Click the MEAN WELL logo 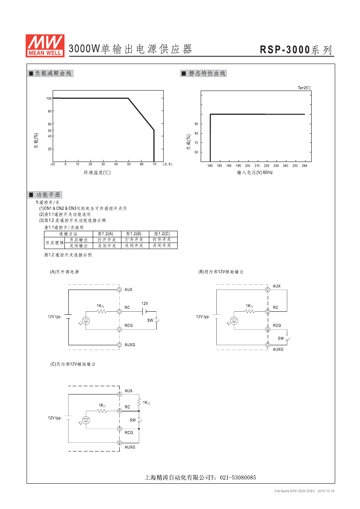tap(45, 46)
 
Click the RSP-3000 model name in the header tap(285, 50)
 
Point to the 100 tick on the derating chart tap(49, 98)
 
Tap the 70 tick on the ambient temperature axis tap(155, 164)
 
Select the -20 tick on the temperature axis tap(53, 164)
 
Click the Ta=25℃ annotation tap(304, 88)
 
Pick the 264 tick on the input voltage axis tap(304, 165)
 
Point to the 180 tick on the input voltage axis tap(210, 165)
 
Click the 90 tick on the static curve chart tap(196, 124)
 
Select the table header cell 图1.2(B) tap(134, 234)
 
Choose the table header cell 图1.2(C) tap(162, 234)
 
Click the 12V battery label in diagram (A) tap(145, 303)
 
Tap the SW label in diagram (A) tap(150, 320)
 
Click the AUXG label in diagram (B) tap(278, 349)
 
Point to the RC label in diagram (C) tap(127, 407)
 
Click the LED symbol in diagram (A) tap(86, 321)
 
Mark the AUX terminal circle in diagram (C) tap(119, 394)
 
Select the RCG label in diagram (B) tap(277, 325)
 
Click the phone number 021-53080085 tap(238, 478)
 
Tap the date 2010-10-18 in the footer tap(326, 491)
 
